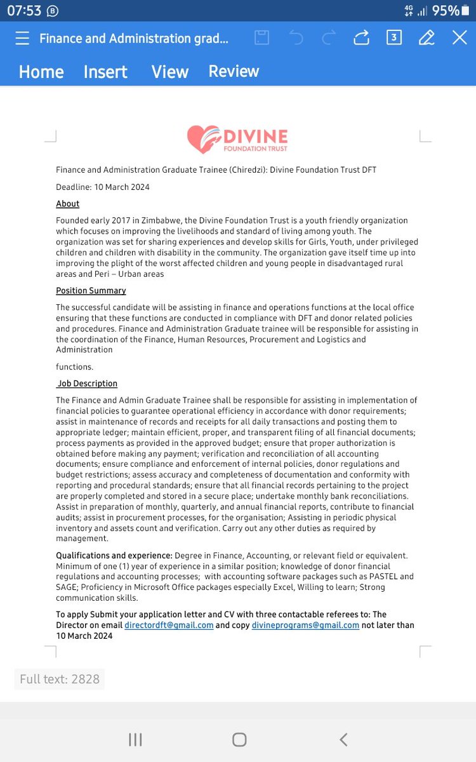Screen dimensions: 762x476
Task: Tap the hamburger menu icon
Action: [22, 38]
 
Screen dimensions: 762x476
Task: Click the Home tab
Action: [41, 72]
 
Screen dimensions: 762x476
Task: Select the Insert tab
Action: [105, 72]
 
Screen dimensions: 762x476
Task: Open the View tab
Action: [169, 72]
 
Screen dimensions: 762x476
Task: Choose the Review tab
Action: [234, 71]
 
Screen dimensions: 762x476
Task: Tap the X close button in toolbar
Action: [459, 38]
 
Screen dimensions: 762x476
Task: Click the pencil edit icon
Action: [426, 38]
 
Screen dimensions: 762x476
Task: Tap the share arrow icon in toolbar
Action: [361, 38]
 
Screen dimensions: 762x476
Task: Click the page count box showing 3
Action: [393, 38]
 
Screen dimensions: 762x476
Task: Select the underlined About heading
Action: [68, 204]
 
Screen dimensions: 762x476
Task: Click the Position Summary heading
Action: [91, 291]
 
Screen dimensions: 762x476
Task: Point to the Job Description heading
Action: [87, 384]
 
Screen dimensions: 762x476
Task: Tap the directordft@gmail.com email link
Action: [169, 625]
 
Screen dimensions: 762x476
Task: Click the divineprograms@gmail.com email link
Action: [305, 625]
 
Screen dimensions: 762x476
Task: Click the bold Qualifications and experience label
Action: [114, 556]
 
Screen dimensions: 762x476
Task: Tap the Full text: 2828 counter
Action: [60, 679]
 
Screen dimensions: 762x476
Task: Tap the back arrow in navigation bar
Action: [343, 739]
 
